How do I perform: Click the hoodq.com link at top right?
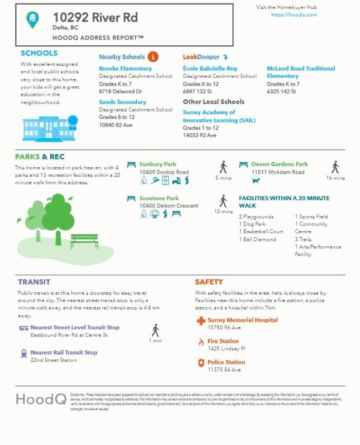click(x=294, y=15)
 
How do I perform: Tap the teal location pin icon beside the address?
click(x=32, y=20)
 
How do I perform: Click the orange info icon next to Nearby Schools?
click(x=153, y=57)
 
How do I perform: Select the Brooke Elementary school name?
click(x=125, y=68)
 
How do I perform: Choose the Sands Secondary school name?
click(x=122, y=102)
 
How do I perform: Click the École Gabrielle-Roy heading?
click(x=210, y=68)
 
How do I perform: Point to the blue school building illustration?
click(x=49, y=128)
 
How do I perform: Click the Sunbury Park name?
click(x=157, y=164)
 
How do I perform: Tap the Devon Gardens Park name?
click(x=279, y=164)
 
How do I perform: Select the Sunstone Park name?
click(x=159, y=198)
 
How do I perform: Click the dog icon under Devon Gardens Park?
click(x=256, y=181)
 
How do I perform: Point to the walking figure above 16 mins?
click(x=335, y=167)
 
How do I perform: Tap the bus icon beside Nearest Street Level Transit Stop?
click(x=24, y=328)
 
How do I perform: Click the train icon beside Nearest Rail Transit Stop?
click(x=24, y=353)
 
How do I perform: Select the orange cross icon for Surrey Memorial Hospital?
click(x=201, y=321)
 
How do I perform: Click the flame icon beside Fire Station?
click(x=201, y=342)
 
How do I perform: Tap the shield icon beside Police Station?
click(x=201, y=363)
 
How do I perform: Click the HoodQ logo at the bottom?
click(x=41, y=399)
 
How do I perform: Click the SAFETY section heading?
click(x=209, y=282)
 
